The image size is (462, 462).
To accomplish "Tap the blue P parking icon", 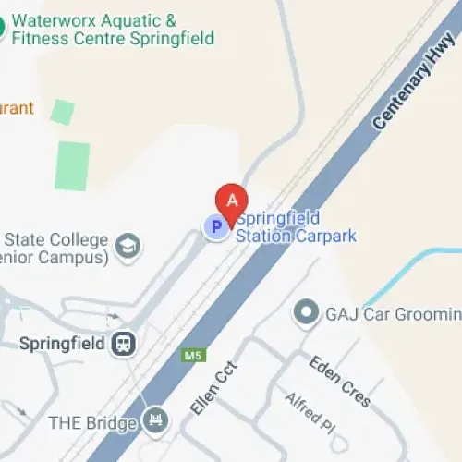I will pyautogui.click(x=216, y=226).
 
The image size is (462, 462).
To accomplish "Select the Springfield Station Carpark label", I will pyautogui.click(x=295, y=227).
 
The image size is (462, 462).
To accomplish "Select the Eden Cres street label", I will pyautogui.click(x=340, y=381).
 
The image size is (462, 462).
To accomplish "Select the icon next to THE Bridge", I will pyautogui.click(x=156, y=422).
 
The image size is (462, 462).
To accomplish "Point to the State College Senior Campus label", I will pyautogui.click(x=55, y=249).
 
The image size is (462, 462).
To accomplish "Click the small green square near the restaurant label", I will pyautogui.click(x=62, y=112).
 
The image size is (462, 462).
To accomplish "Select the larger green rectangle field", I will pyautogui.click(x=72, y=166).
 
